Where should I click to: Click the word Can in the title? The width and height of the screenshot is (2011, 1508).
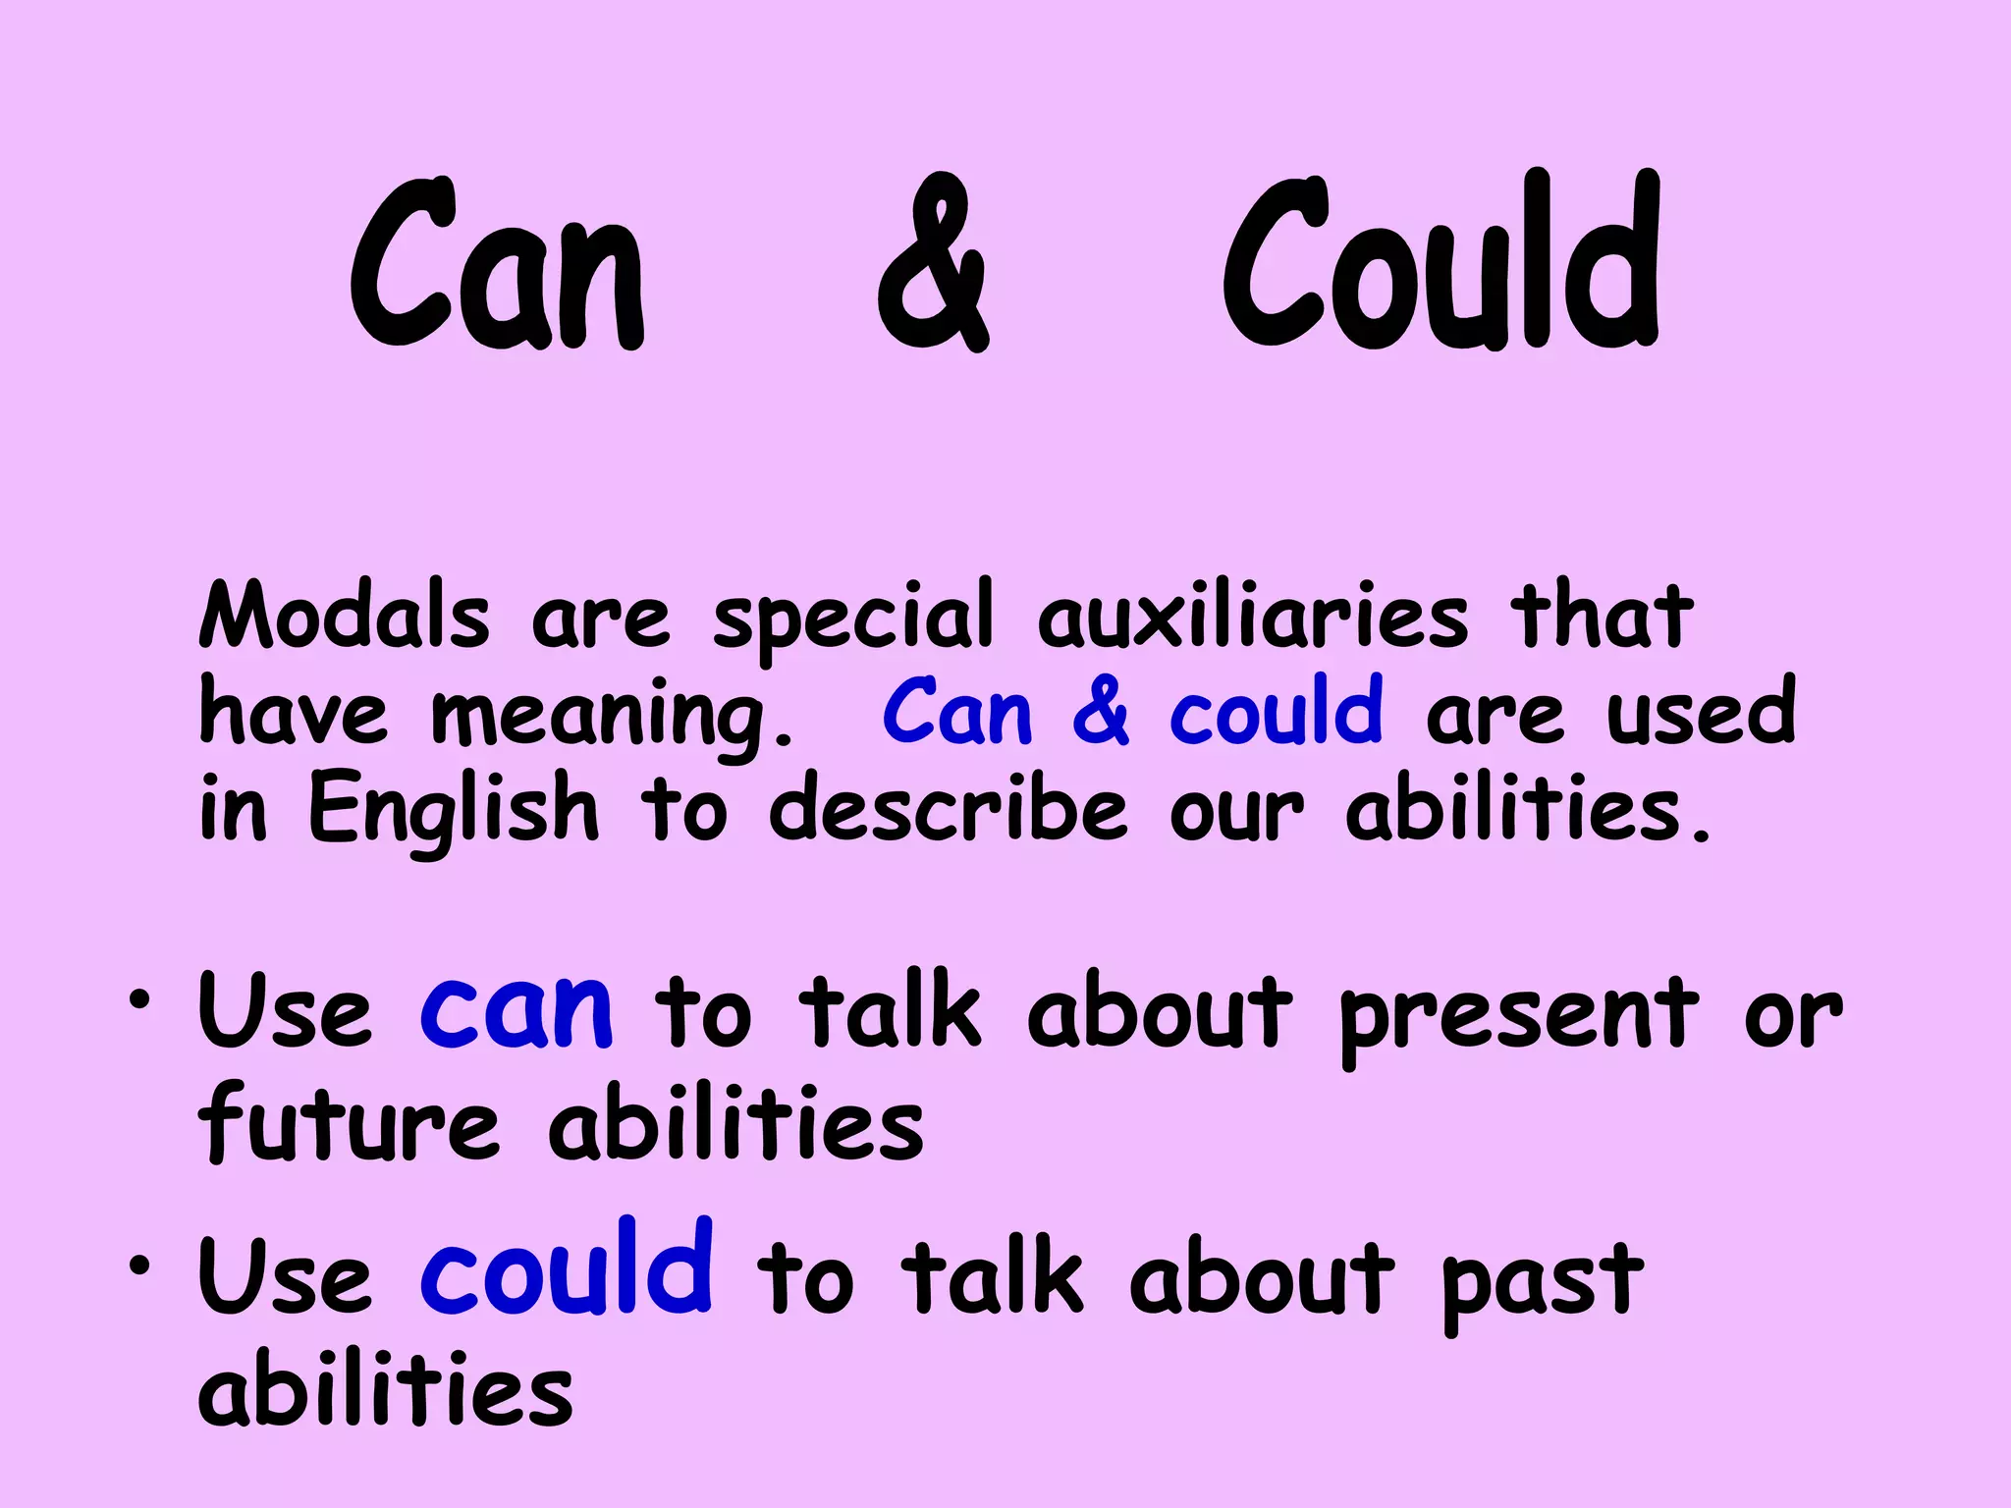click(x=498, y=265)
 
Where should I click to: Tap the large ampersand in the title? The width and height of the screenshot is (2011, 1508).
click(x=932, y=263)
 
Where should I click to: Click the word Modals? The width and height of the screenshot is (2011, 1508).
click(x=344, y=616)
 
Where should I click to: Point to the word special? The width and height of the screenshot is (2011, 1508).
click(x=852, y=619)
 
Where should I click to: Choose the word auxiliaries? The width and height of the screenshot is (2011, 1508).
click(x=1253, y=616)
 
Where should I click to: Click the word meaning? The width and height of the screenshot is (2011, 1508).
click(x=611, y=715)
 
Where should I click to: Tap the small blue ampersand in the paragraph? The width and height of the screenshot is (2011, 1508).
click(x=1101, y=712)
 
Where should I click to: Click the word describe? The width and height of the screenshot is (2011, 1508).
click(x=948, y=808)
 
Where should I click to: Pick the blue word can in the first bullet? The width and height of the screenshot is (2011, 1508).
click(x=516, y=1010)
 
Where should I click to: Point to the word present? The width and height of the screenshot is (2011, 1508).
click(x=1518, y=1016)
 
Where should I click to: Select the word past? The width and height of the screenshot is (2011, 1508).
click(x=1542, y=1281)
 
